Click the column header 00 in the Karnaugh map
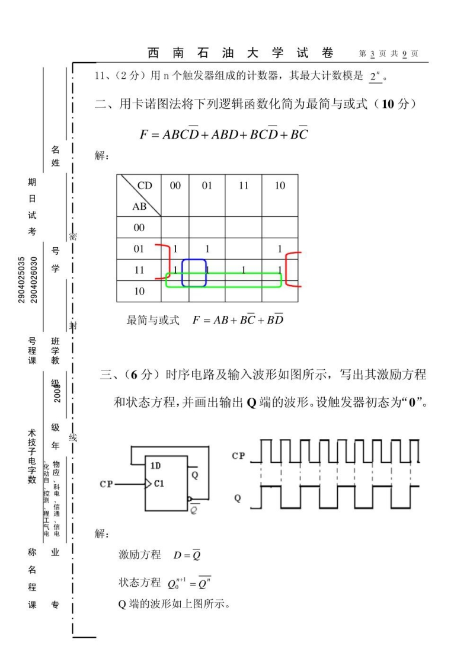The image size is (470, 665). (175, 186)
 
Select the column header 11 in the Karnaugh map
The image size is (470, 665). (244, 186)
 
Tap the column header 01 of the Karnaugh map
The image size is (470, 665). (207, 186)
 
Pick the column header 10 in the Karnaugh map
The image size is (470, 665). (280, 186)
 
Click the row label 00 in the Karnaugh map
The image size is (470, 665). (139, 227)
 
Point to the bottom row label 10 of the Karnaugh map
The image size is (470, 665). (139, 292)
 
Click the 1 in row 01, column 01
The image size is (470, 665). (207, 250)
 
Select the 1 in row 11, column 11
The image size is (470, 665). (244, 270)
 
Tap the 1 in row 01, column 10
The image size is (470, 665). (280, 250)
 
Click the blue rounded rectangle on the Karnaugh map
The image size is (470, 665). (194, 273)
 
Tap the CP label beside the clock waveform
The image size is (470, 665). (238, 456)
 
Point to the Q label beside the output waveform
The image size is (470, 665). (238, 498)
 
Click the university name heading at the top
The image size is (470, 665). (241, 53)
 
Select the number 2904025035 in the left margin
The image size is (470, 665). (21, 279)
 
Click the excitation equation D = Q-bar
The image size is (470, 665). (187, 555)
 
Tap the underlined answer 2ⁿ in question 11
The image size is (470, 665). (374, 76)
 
